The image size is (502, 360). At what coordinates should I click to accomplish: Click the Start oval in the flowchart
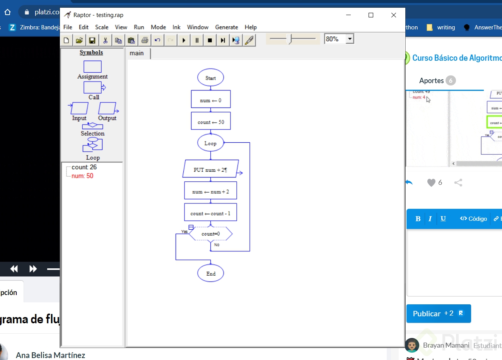click(210, 78)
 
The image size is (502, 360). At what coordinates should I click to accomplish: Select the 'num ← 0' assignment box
click(210, 100)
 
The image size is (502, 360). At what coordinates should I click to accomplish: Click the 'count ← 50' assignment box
click(210, 121)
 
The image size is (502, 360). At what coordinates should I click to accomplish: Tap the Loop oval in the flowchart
click(210, 143)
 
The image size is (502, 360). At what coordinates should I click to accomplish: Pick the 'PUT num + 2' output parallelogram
click(210, 169)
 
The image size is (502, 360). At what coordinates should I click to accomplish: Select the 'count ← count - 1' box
click(210, 213)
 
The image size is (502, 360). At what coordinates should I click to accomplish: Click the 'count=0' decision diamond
click(210, 234)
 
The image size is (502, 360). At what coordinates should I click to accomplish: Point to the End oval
click(210, 273)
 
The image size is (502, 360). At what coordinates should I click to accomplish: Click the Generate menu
click(226, 27)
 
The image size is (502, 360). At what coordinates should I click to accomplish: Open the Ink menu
click(176, 27)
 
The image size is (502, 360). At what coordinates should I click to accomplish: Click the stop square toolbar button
click(210, 40)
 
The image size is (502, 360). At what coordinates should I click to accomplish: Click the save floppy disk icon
click(92, 40)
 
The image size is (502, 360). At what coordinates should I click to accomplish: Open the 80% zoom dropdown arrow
click(350, 39)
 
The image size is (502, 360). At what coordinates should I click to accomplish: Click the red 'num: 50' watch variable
click(82, 176)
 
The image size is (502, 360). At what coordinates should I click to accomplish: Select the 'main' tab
click(137, 53)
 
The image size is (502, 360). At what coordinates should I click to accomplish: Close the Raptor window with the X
click(393, 15)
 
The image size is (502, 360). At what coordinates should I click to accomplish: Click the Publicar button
click(438, 314)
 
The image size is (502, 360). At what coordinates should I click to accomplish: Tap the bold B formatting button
click(418, 218)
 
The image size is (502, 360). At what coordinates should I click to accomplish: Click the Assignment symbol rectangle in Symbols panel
click(92, 67)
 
